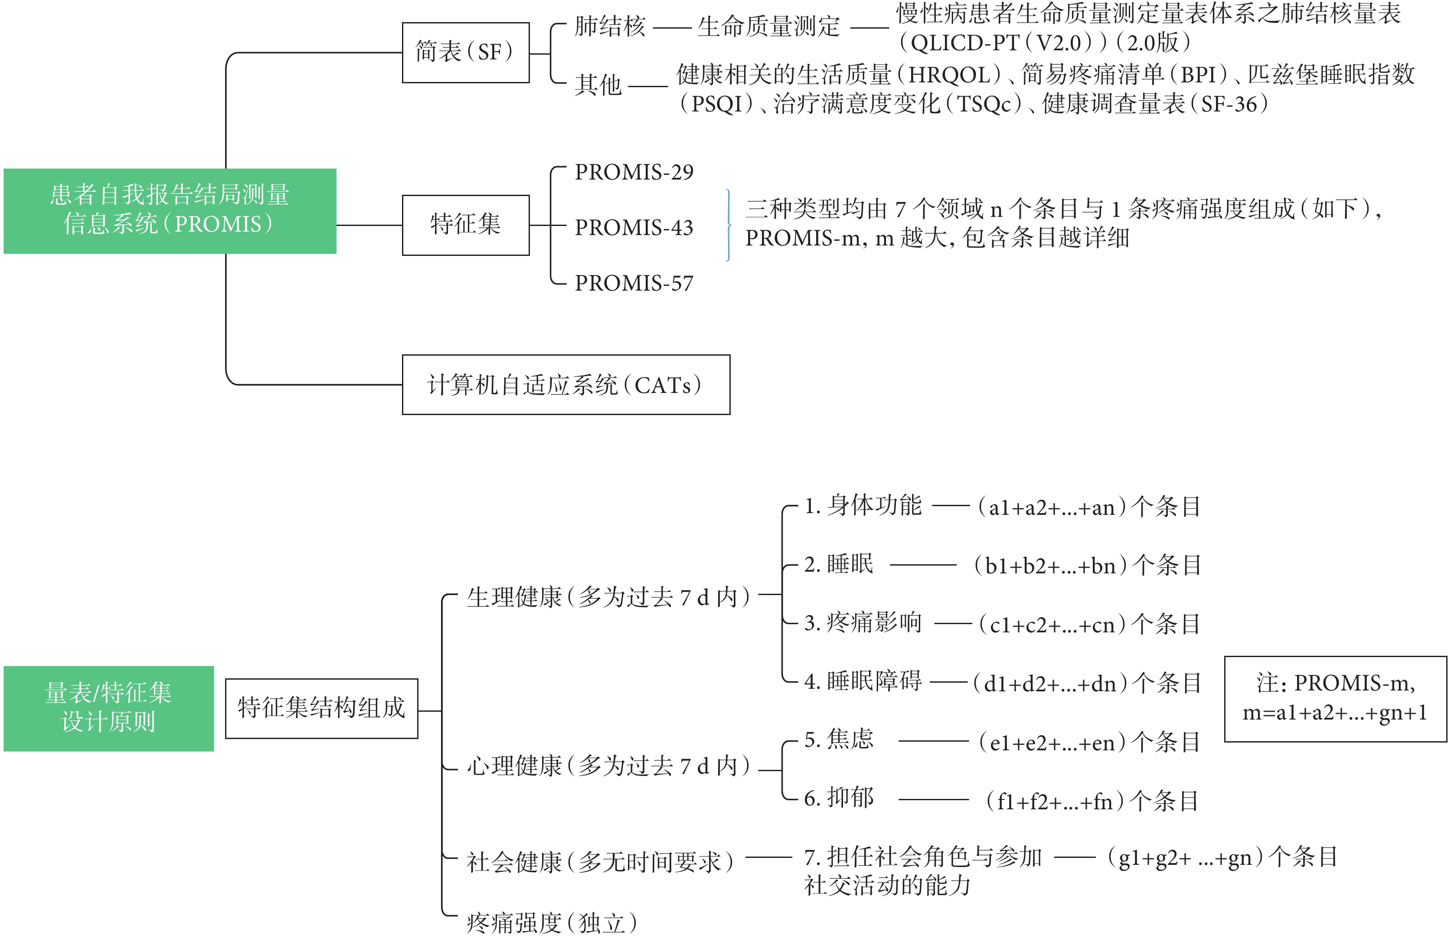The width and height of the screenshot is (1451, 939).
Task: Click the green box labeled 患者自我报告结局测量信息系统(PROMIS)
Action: [170, 211]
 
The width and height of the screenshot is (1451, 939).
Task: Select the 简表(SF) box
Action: [466, 52]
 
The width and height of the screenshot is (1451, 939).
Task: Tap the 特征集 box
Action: [466, 225]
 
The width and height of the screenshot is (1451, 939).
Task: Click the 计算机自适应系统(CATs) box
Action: [566, 385]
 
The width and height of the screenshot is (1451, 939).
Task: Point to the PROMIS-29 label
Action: [634, 173]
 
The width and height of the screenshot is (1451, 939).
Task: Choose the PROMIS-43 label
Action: [634, 227]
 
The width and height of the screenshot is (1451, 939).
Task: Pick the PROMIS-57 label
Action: [634, 283]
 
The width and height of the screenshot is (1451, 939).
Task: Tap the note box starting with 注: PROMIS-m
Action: [1336, 699]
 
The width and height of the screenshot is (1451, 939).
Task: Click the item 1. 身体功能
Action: [863, 505]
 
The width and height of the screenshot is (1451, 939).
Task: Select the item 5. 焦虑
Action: [839, 739]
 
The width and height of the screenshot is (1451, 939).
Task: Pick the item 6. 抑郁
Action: [839, 798]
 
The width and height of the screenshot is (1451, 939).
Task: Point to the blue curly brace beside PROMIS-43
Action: [728, 226]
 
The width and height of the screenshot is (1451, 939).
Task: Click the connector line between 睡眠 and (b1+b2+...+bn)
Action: [923, 565]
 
